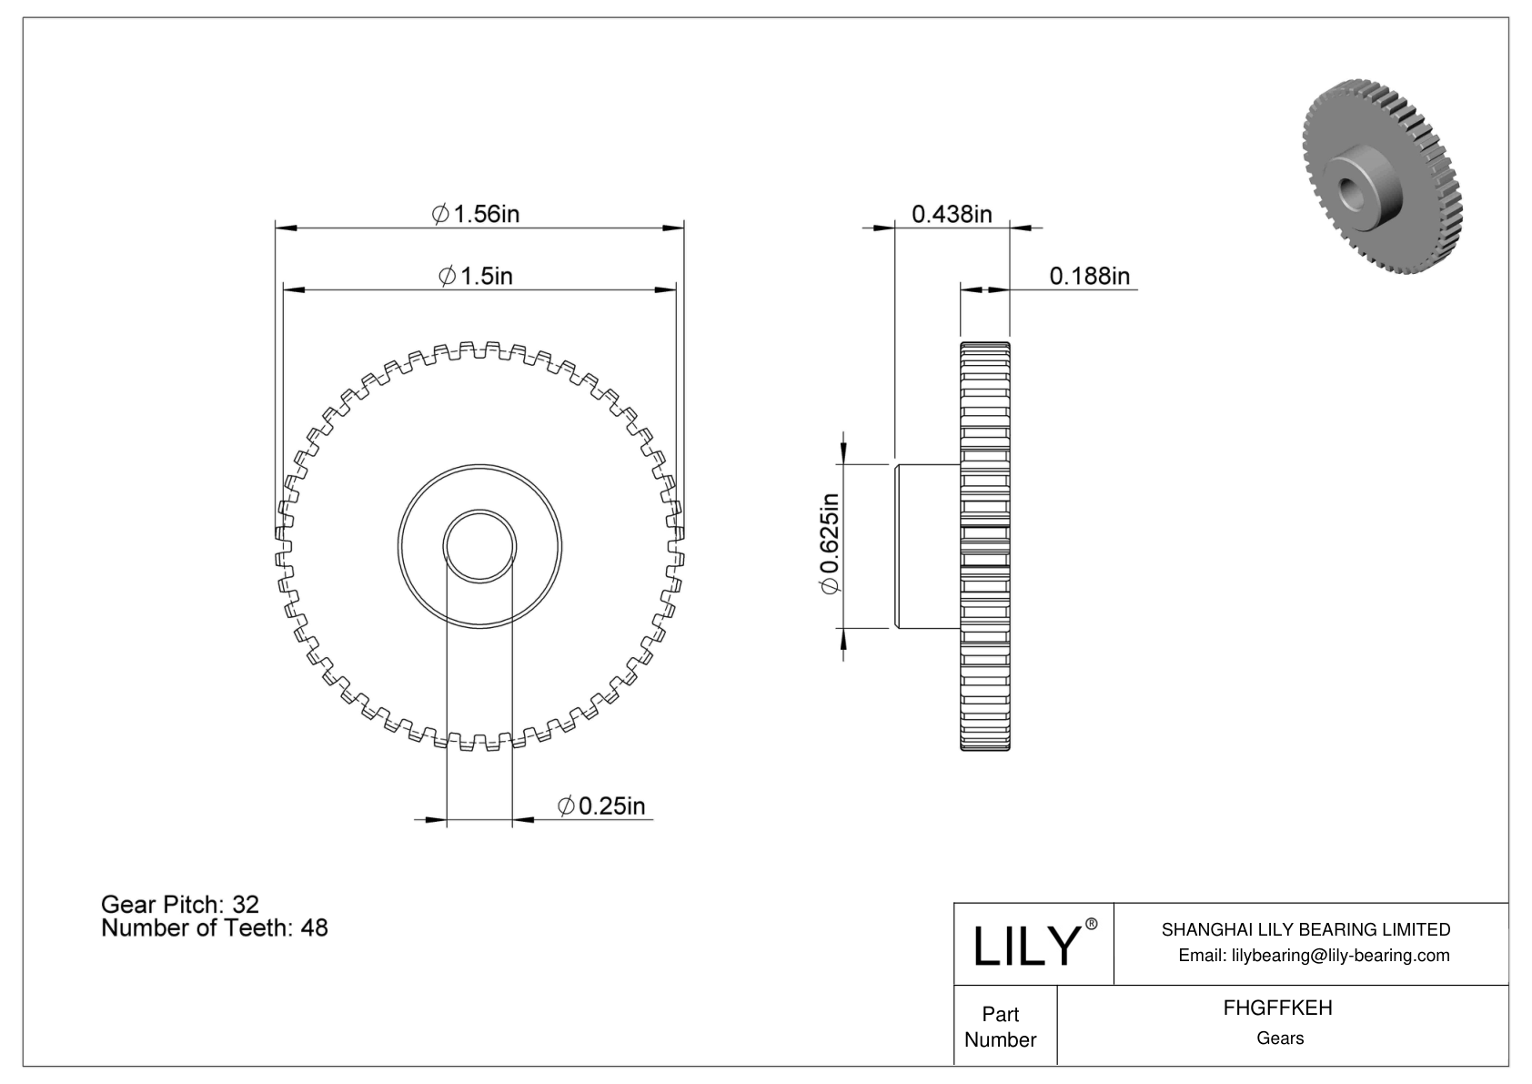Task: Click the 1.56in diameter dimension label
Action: [x=476, y=214]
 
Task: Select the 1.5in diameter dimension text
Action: [x=476, y=275]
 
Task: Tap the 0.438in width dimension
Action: [x=952, y=214]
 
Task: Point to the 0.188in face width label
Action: [x=1089, y=275]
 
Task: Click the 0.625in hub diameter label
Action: [x=830, y=545]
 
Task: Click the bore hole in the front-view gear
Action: [x=479, y=546]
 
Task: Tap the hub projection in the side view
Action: [x=928, y=546]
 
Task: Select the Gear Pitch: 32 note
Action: [x=180, y=904]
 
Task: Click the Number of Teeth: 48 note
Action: [x=215, y=928]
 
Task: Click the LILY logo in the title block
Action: [x=1025, y=947]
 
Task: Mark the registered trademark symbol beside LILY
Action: [x=1092, y=925]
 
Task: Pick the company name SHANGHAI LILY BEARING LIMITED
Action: [x=1305, y=929]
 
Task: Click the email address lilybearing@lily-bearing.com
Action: [x=1313, y=955]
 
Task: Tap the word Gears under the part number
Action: [x=1279, y=1038]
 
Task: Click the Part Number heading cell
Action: [x=1001, y=1027]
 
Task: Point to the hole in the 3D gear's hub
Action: [x=1350, y=189]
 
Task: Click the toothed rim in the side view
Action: [x=984, y=546]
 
